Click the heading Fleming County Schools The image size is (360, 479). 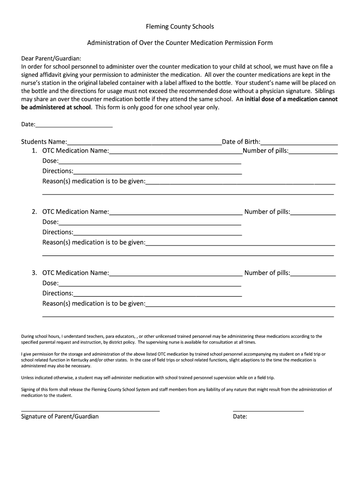click(180, 27)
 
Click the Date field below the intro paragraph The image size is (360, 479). click(74, 125)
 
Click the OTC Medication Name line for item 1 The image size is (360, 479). click(175, 152)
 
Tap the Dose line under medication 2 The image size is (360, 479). click(150, 223)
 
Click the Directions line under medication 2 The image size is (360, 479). click(158, 233)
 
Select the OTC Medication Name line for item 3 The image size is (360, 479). click(175, 274)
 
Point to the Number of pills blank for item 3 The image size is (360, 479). click(313, 274)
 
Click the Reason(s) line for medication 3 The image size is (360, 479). click(240, 305)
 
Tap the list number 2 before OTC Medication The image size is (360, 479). click(34, 212)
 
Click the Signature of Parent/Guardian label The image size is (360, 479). click(60, 416)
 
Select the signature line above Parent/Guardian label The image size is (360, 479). click(90, 410)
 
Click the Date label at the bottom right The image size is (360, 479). click(240, 417)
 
